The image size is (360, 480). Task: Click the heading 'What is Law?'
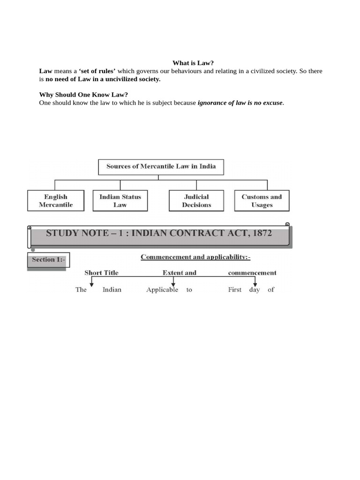click(193, 63)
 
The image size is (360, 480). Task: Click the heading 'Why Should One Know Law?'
click(83, 95)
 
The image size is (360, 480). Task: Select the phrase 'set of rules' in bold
click(97, 71)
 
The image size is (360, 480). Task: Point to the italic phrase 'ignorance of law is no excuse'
click(240, 103)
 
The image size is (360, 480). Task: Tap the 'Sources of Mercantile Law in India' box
click(161, 167)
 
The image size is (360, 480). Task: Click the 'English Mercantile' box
click(56, 201)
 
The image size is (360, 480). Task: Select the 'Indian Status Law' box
click(120, 201)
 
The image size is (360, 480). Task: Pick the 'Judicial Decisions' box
click(196, 201)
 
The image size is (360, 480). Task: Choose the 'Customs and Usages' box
click(262, 201)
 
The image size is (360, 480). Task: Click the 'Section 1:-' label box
click(49, 260)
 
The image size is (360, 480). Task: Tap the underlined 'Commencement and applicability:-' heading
click(195, 257)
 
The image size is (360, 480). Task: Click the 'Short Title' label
click(101, 273)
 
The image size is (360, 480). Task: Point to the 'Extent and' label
click(180, 273)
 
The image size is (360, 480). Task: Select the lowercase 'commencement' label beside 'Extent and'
click(252, 273)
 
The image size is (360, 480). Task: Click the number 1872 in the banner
click(261, 233)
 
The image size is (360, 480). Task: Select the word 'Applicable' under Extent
click(162, 290)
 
